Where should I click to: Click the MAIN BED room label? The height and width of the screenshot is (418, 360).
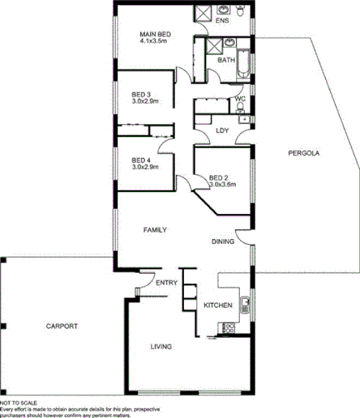click(153, 32)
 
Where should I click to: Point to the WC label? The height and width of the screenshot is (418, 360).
click(240, 100)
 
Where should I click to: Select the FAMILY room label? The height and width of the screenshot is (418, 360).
click(155, 231)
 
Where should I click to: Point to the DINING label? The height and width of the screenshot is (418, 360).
click(223, 241)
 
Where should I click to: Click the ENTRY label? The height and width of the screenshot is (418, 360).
click(166, 283)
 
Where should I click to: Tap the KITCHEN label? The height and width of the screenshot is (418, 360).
click(218, 305)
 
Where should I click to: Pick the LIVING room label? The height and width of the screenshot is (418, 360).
click(162, 347)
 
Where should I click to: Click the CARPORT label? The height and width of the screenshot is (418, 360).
click(62, 326)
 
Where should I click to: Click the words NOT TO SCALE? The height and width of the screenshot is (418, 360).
click(17, 402)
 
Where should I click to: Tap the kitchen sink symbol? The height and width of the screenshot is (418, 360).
click(245, 305)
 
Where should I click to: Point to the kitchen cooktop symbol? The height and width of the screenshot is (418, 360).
click(228, 327)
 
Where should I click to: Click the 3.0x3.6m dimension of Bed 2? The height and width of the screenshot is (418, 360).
click(222, 185)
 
